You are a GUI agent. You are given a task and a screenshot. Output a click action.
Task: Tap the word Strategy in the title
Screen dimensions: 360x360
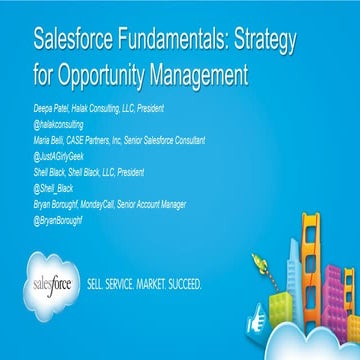click(281, 44)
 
